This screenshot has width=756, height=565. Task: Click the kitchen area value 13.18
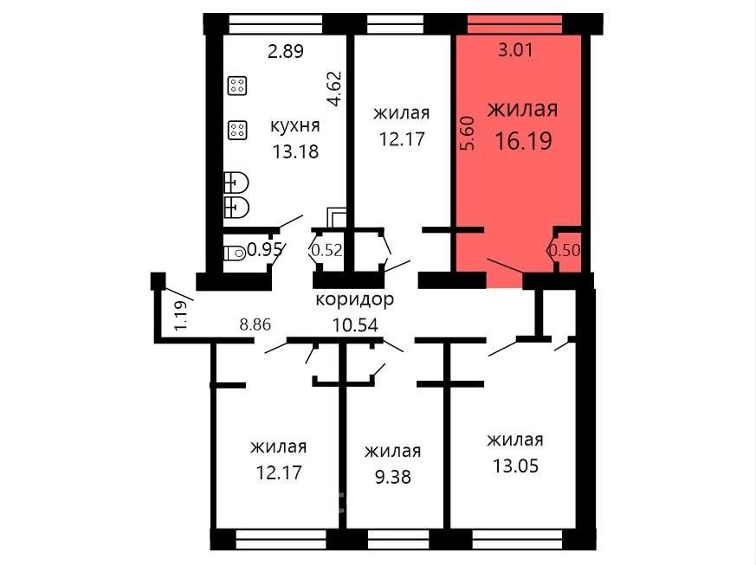point(295,151)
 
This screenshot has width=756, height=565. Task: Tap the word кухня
point(295,125)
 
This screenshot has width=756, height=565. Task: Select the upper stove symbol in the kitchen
point(237,86)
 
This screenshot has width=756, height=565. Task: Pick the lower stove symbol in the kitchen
point(237,130)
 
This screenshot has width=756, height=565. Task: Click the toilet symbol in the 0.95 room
point(236,252)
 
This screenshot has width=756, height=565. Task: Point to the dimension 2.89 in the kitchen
point(286,50)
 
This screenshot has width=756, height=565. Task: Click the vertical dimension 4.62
point(334,88)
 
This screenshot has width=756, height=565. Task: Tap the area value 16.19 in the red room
point(524,141)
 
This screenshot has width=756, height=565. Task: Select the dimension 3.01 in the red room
point(515,50)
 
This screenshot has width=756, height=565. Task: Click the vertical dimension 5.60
point(468,133)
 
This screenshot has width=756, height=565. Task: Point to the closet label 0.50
point(564,250)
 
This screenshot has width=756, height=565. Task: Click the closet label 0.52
point(326,250)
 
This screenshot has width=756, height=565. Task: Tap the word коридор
point(355,299)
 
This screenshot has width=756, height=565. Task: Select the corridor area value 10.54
point(355,325)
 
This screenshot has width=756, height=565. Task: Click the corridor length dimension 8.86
point(255,324)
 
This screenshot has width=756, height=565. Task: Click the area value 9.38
point(393,477)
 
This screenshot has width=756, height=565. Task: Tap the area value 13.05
point(515,465)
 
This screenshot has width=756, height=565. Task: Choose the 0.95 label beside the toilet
point(265,249)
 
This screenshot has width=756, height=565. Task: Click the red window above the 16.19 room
point(515,23)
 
